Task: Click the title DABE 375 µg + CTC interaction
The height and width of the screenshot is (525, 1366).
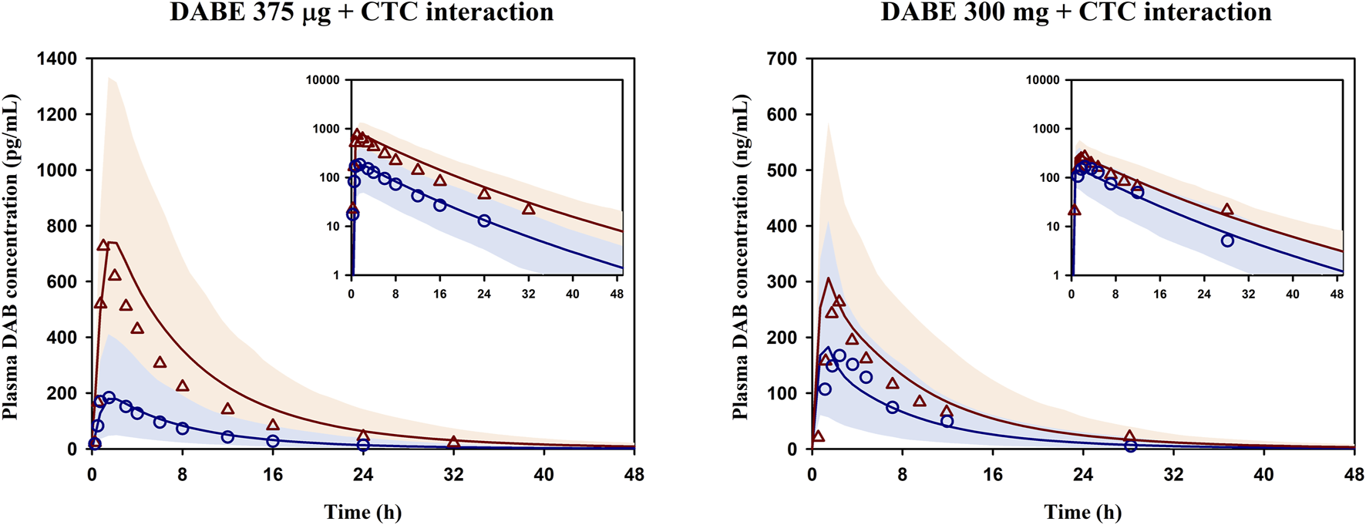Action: (362, 12)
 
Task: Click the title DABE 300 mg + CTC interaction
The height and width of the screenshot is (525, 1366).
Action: (1076, 12)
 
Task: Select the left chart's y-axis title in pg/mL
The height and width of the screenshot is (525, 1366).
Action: (11, 257)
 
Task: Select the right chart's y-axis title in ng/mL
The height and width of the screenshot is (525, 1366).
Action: (740, 257)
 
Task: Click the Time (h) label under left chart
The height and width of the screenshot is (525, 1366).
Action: (362, 512)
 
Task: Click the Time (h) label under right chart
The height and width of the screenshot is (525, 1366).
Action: (1082, 512)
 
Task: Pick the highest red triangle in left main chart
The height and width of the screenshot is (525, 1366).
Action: (103, 246)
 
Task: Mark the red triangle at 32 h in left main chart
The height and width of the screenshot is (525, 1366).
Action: (453, 443)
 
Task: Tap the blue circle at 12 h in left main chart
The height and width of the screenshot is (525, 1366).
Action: (227, 437)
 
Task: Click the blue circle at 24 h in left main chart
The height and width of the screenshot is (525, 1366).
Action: (363, 445)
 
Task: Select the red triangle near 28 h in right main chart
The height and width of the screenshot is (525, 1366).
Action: (1129, 436)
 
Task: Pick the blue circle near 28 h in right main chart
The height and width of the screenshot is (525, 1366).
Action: (1130, 446)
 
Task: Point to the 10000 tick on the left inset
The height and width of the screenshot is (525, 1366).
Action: (323, 80)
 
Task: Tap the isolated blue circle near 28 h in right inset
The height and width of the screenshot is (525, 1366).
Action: (1227, 241)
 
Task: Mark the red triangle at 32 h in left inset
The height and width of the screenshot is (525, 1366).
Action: (528, 209)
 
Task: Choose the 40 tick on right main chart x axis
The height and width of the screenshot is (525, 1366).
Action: (1263, 474)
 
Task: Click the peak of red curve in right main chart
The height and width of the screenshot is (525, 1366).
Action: (828, 278)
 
